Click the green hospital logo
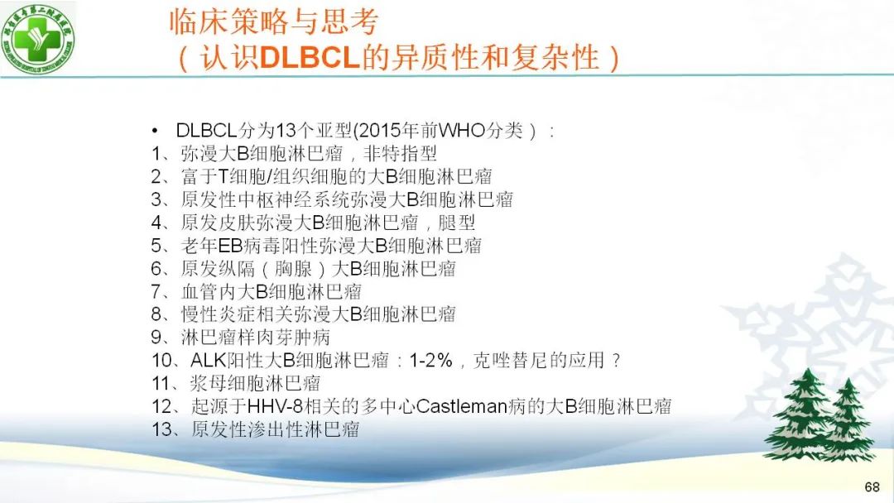pos(38,38)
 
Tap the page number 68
pos(872,486)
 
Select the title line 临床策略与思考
pos(274,22)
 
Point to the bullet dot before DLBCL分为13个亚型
pos(155,132)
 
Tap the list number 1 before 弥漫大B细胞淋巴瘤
pos(156,154)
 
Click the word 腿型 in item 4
pos(456,223)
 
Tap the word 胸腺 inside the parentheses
pos(293,269)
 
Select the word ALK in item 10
pos(209,361)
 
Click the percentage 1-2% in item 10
pos(431,361)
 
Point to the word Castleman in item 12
pos(462,407)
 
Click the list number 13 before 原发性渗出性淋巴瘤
pos(162,429)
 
